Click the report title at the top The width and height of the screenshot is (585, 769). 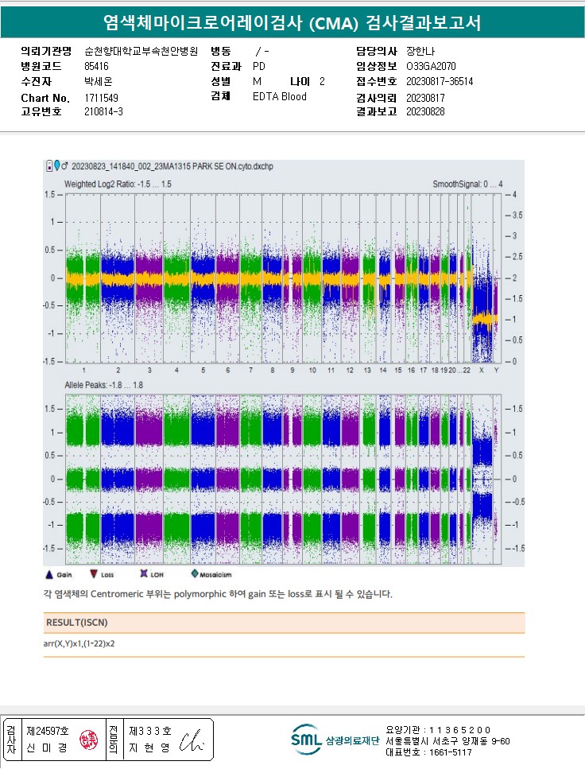click(x=292, y=23)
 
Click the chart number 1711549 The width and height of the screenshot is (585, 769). click(x=101, y=98)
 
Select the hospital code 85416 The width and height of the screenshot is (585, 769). click(x=96, y=67)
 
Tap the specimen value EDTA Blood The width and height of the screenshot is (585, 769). click(x=279, y=97)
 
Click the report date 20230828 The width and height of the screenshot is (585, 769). click(x=425, y=112)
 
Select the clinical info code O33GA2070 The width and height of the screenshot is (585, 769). click(x=432, y=67)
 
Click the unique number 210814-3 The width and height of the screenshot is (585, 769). click(x=103, y=112)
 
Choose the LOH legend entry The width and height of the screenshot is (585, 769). click(x=145, y=573)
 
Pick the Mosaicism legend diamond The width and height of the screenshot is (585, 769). click(x=194, y=573)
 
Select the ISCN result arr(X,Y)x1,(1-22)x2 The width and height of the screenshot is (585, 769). click(x=85, y=643)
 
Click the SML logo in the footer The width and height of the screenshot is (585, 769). click(x=306, y=739)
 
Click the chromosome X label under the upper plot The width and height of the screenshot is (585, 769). click(x=480, y=371)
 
